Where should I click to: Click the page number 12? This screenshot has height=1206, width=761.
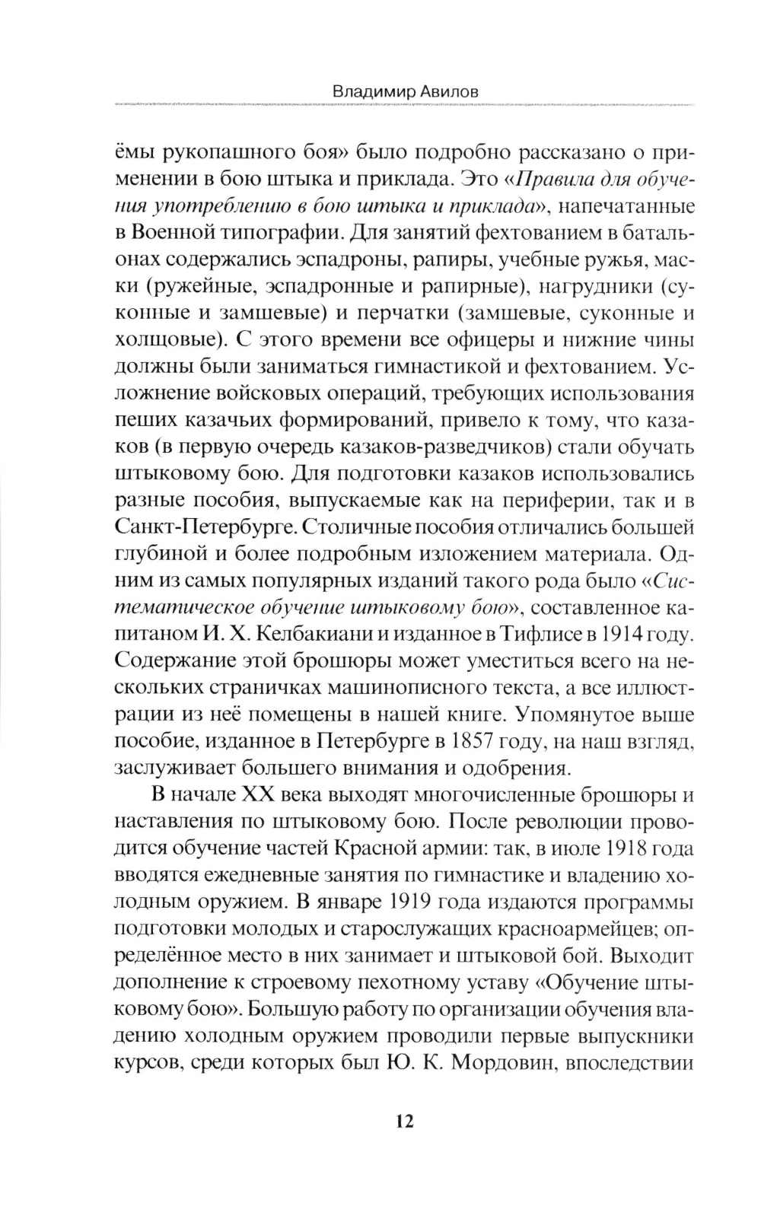point(403,1121)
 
